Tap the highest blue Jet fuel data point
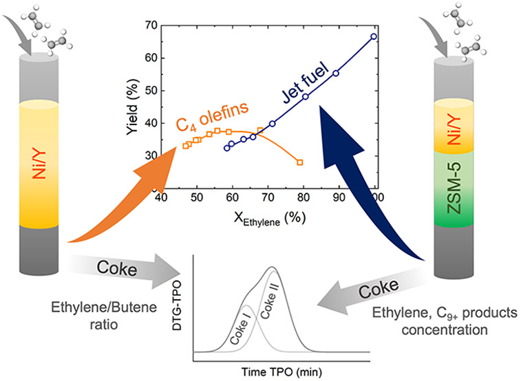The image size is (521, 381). click(374, 36)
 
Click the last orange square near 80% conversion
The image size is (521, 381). click(300, 162)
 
